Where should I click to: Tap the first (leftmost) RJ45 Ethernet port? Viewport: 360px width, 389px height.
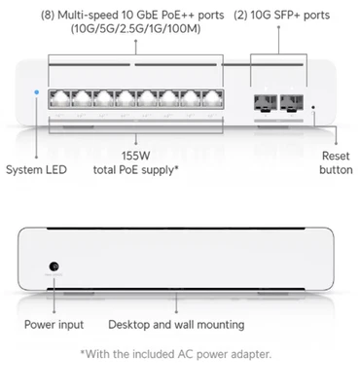click(x=60, y=98)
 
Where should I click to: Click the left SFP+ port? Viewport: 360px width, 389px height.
click(x=265, y=100)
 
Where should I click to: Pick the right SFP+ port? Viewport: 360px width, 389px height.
click(x=290, y=100)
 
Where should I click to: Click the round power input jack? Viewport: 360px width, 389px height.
click(x=54, y=265)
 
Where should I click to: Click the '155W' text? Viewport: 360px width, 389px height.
click(x=135, y=154)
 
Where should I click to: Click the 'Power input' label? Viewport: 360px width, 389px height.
click(x=54, y=325)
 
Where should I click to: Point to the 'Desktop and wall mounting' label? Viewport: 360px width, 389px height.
click(x=176, y=325)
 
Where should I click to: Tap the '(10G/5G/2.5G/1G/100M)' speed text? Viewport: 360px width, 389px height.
click(x=136, y=30)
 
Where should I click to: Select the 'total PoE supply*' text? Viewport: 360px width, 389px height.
click(x=136, y=169)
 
